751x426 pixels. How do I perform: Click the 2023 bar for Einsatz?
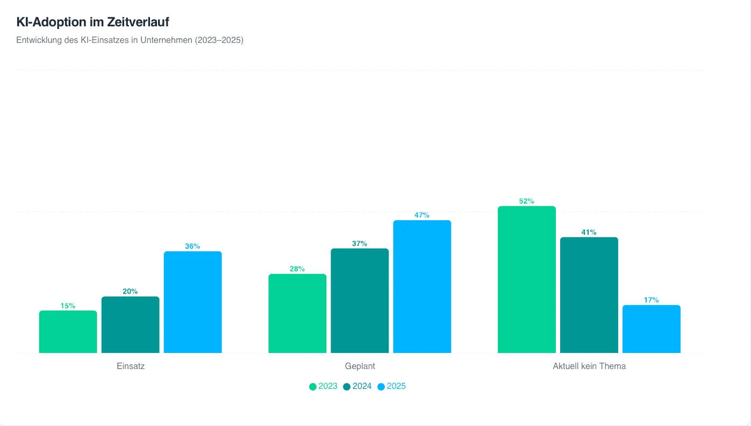point(68,331)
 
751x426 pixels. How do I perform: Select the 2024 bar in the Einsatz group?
point(131,324)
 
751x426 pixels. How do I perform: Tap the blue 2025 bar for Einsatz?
point(193,302)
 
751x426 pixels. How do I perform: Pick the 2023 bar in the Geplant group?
point(297,314)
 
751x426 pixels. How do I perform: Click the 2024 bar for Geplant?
point(360,301)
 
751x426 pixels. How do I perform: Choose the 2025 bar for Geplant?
point(422,286)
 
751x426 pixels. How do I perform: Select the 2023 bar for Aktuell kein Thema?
point(527,279)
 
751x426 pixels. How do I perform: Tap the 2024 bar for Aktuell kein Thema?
point(589,295)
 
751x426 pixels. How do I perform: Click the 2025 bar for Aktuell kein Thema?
point(652,329)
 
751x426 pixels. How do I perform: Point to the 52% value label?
point(526,201)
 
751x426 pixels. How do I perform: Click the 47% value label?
point(422,215)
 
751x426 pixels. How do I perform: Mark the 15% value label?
point(68,306)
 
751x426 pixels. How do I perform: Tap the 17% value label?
point(651,300)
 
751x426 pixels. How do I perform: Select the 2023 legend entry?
point(323,386)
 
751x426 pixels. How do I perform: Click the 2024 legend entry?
point(357,386)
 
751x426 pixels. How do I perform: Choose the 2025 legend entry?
point(391,386)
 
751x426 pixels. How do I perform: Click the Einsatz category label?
point(131,366)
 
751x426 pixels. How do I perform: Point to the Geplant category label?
point(360,366)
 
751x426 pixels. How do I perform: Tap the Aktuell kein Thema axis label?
point(589,366)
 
